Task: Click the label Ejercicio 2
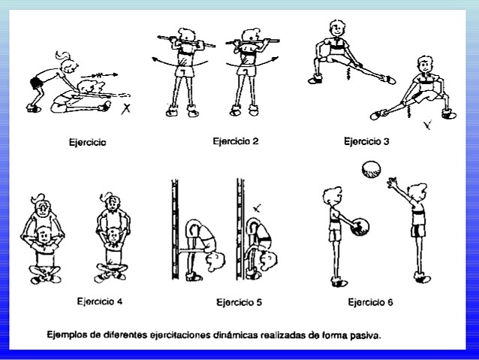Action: pos(236,141)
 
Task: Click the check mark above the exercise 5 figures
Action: pos(259,205)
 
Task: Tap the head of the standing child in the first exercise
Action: pos(62,60)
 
